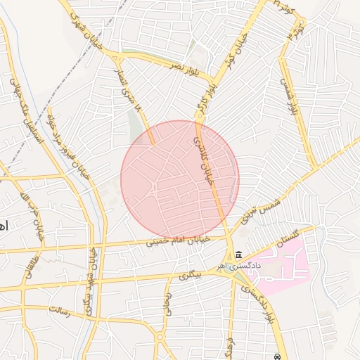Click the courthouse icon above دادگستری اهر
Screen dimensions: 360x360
[240, 255]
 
